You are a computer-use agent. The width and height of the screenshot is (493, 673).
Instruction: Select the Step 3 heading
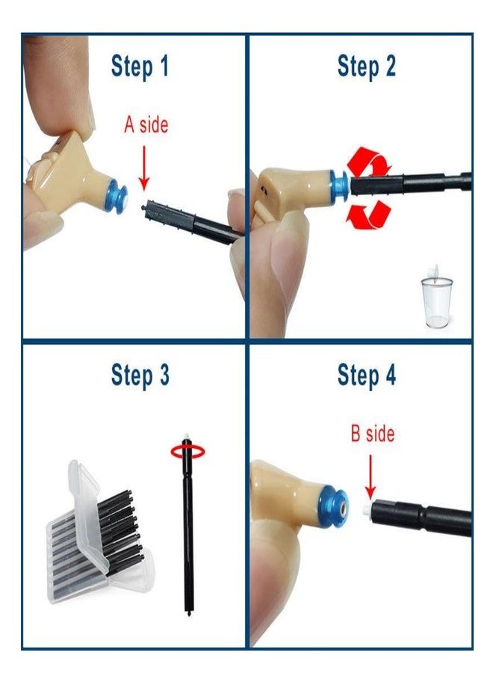[140, 375]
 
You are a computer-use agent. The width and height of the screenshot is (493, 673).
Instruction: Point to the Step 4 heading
[366, 375]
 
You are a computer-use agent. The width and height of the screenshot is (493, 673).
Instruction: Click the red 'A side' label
[146, 125]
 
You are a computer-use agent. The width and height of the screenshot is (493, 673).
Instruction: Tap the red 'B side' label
[373, 434]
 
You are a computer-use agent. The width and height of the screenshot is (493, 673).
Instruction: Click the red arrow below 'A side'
[144, 168]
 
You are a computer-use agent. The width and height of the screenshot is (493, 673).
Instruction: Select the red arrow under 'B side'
[370, 477]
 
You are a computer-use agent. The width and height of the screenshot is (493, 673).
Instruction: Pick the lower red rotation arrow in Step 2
[369, 215]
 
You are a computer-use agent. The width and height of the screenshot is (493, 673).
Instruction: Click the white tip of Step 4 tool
[367, 510]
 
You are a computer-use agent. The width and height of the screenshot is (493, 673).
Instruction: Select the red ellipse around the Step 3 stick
[187, 451]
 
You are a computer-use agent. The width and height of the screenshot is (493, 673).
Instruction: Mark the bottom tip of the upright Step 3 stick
[189, 614]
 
